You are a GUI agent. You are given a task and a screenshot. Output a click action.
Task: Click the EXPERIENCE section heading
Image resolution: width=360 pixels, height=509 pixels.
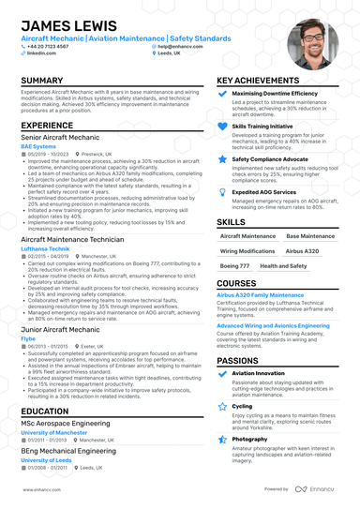coord(47,125)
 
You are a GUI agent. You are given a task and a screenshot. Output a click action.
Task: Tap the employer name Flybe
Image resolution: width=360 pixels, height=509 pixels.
coord(29,338)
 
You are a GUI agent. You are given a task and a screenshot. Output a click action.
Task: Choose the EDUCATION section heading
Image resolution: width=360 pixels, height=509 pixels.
coord(44,411)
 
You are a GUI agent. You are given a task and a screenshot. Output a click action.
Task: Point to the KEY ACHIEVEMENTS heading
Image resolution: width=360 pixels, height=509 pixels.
coord(264,81)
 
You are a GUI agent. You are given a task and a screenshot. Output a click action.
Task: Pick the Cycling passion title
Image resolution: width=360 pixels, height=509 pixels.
coord(242,406)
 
